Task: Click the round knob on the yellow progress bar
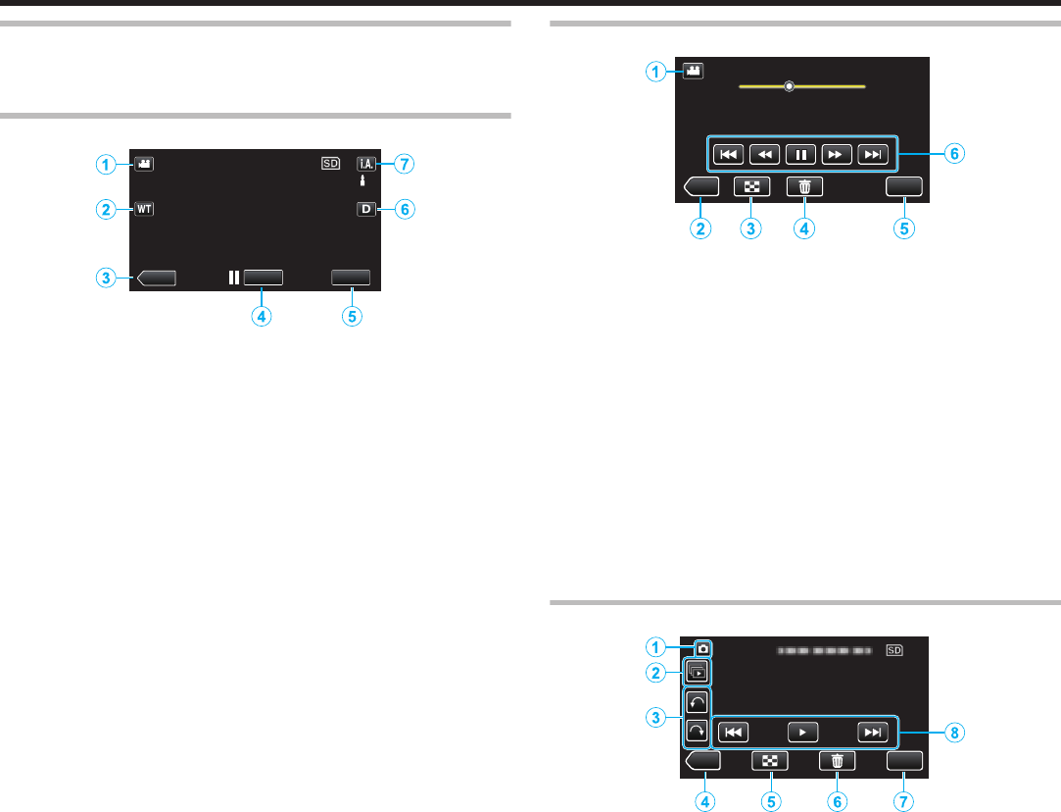point(789,85)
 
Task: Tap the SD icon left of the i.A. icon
point(330,164)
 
